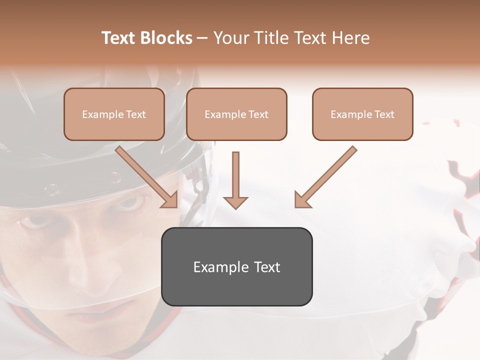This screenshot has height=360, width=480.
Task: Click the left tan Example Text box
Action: pyautogui.click(x=114, y=114)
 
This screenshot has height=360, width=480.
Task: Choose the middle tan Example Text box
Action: pyautogui.click(x=236, y=114)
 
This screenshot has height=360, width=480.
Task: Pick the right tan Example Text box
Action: pyautogui.click(x=362, y=114)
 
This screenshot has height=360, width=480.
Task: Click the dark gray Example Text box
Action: pyautogui.click(x=236, y=266)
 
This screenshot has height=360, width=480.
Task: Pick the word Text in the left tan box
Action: pyautogui.click(x=136, y=114)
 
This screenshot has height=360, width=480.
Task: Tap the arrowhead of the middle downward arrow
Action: pyautogui.click(x=235, y=201)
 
